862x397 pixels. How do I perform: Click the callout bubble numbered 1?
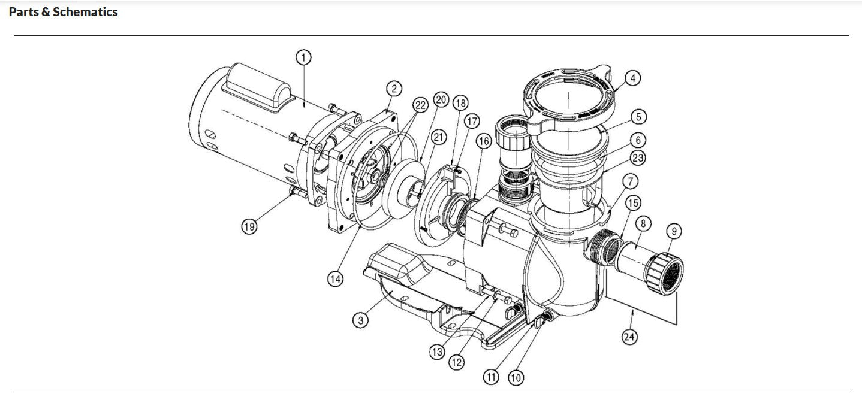pos(304,57)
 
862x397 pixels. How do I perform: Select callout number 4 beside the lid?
pos(632,77)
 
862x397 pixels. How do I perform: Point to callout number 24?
pos(629,337)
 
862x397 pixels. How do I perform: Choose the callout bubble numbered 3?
pos(360,321)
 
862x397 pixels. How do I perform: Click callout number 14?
pos(336,278)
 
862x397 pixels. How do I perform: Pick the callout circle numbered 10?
pos(515,377)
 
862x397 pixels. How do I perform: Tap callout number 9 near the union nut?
pos(673,231)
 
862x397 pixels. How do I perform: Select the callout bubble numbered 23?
pos(637,158)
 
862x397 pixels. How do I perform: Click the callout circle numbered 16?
pos(483,141)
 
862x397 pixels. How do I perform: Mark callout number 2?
pos(393,89)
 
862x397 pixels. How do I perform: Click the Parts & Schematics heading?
pos(64,12)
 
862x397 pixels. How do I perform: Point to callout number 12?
pos(457,362)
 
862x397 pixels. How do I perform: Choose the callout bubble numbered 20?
pos(441,99)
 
